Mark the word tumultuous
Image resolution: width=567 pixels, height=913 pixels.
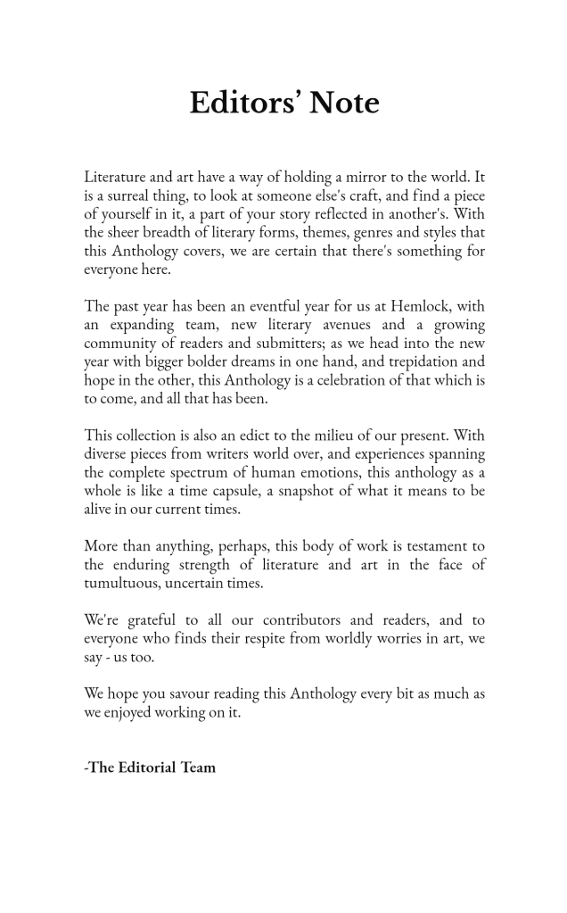tap(122, 583)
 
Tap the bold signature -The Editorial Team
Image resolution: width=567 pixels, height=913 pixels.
tap(150, 767)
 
